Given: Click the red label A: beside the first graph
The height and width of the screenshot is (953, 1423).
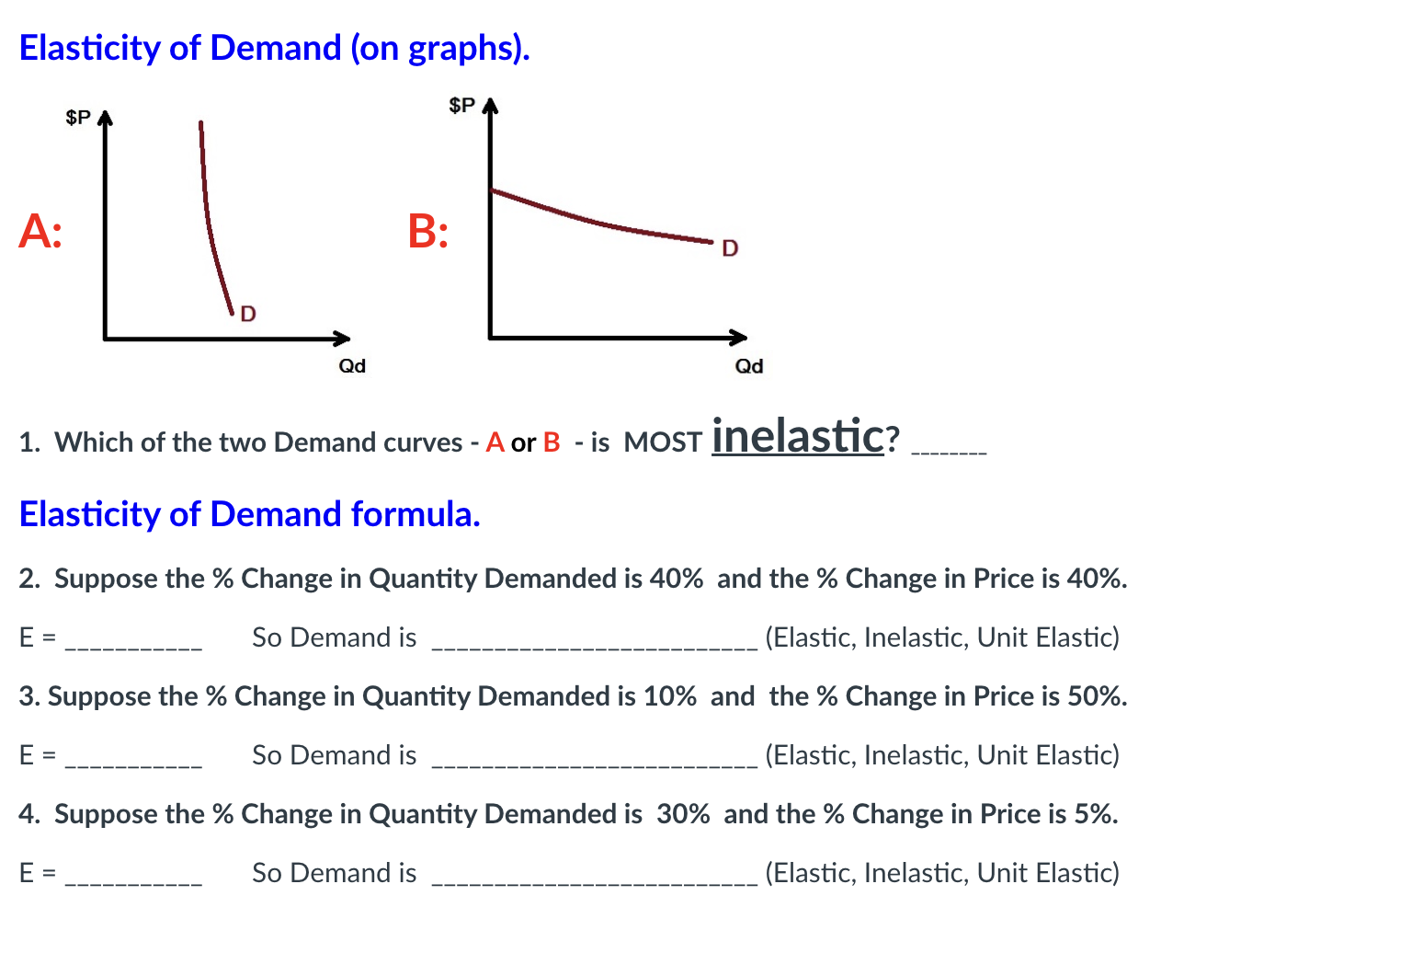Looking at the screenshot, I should pos(40,231).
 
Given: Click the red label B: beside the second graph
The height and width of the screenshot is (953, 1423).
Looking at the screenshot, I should pos(428,231).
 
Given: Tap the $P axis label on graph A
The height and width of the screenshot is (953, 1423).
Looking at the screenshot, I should pos(78,118).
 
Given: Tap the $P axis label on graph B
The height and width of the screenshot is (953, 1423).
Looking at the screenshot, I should pos(461,105).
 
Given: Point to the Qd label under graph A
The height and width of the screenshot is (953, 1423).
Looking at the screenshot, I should pos(352,366).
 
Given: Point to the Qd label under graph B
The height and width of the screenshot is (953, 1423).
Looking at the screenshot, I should pos(749,366).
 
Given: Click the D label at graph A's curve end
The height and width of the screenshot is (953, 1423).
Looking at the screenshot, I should pos(248,315).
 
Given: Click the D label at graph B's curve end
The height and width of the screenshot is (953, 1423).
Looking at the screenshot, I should pos(730,248).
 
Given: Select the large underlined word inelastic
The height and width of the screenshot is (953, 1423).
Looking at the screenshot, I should pos(797,435).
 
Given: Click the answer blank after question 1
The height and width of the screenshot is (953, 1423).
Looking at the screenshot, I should pos(948,451).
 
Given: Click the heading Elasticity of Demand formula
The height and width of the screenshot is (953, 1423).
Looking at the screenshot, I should pos(249,514).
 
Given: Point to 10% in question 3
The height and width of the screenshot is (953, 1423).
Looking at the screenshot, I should pos(669,696).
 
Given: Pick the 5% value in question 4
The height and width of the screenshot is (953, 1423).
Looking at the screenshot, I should pos(1092,814).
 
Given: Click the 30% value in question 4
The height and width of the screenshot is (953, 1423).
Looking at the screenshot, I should pos(683,814).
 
